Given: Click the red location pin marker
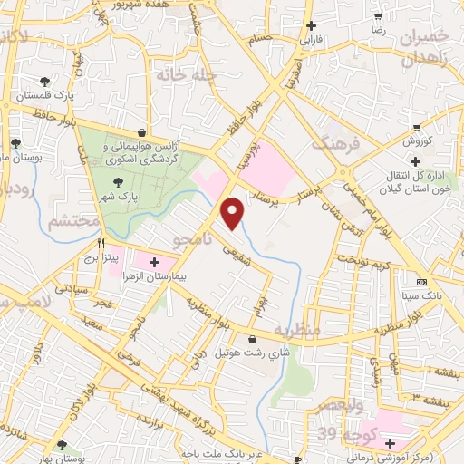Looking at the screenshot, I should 234,213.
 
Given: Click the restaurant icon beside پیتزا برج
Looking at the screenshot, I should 101,244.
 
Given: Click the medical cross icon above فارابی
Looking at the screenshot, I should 312,26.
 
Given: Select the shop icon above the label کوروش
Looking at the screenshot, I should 417,128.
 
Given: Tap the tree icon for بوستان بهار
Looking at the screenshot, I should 62,444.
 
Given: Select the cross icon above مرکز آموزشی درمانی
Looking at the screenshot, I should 390,444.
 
